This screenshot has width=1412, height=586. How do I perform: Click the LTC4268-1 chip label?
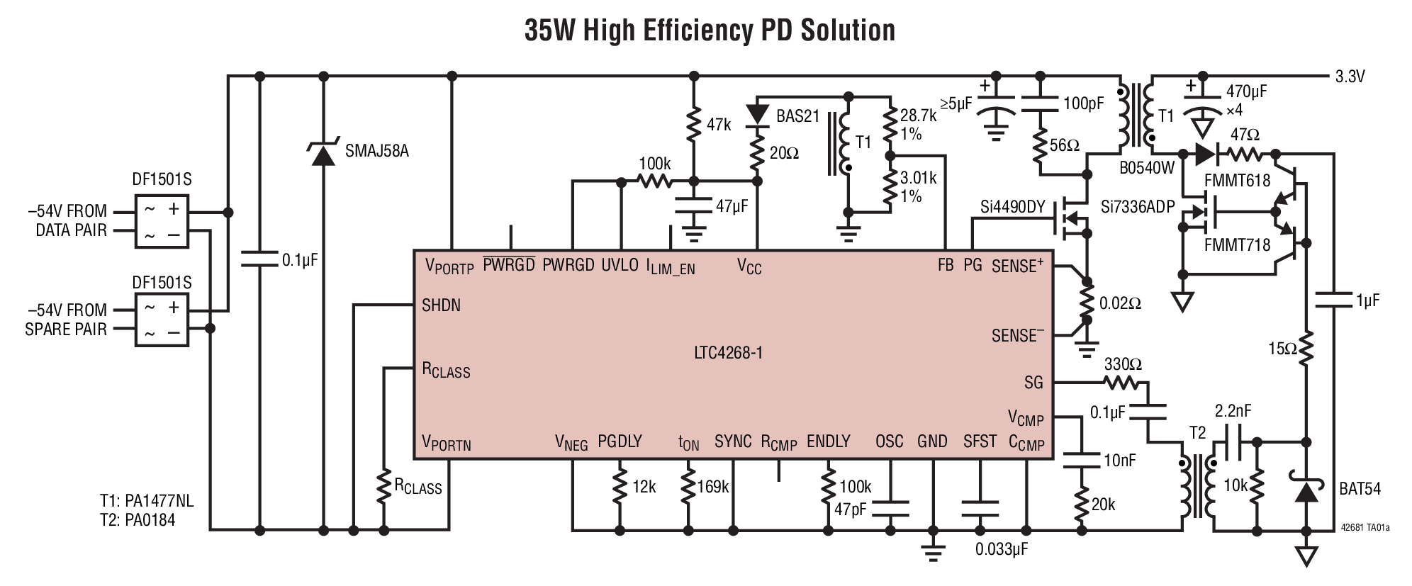[x=728, y=352]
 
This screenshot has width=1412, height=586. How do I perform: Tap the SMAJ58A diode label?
[x=376, y=151]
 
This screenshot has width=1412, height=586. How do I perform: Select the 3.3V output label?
[x=1350, y=77]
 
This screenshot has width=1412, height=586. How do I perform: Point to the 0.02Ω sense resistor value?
[x=1120, y=303]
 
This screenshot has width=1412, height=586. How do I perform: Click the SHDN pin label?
[x=441, y=305]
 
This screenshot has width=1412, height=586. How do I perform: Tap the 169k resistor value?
[x=714, y=487]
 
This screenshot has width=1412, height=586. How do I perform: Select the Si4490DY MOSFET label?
[x=1013, y=207]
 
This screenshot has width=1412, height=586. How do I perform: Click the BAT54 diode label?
[x=1360, y=489]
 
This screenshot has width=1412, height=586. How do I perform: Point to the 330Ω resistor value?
[x=1123, y=364]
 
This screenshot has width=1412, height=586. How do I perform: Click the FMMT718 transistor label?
[x=1237, y=244]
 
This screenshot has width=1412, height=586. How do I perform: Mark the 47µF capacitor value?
[x=732, y=206]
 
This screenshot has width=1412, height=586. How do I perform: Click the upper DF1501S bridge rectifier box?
[x=162, y=220]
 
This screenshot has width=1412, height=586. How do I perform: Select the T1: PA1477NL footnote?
[x=146, y=501]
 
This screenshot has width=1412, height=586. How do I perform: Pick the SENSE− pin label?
[x=1017, y=336]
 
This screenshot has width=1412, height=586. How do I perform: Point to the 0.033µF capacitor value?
[x=1001, y=549]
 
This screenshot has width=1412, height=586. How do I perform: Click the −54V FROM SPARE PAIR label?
[x=66, y=320]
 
